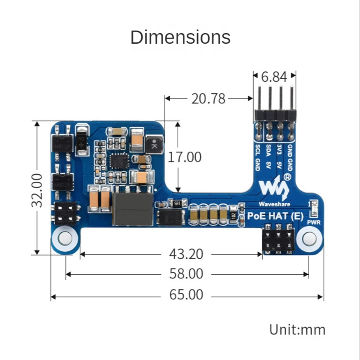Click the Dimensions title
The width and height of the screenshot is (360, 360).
180,37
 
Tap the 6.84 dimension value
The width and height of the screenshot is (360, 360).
274,77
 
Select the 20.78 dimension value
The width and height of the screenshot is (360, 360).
208,98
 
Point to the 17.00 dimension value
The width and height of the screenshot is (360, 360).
185,157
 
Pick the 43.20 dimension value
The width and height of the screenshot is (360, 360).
186,254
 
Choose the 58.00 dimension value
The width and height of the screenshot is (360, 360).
186,274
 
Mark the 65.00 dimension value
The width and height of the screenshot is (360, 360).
186,295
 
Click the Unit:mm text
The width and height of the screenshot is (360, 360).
297,329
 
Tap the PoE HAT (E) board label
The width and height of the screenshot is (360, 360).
276,217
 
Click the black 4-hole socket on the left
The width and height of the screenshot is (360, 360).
65,213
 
